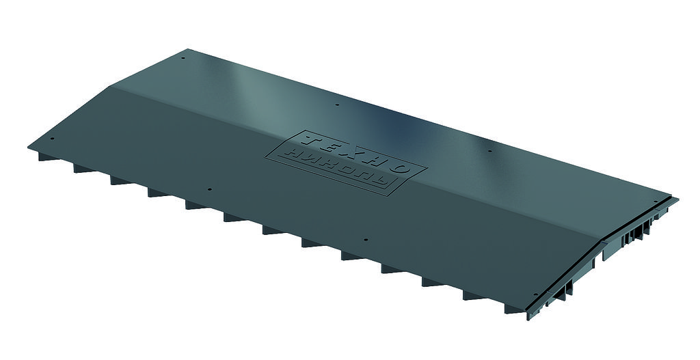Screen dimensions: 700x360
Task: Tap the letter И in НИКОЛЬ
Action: (x=310, y=158)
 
